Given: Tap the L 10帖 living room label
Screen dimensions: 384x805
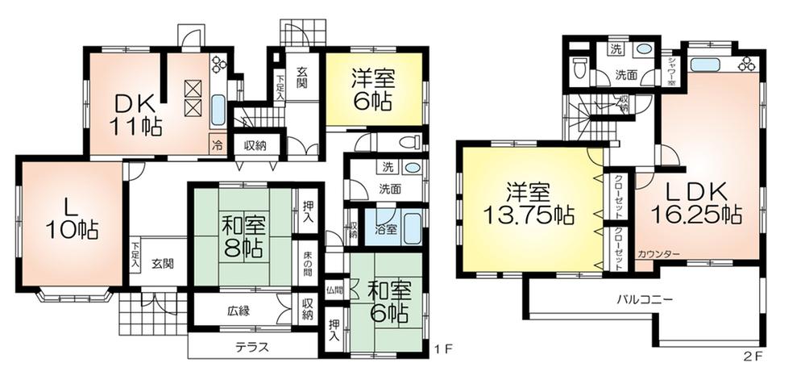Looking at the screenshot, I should (72, 217).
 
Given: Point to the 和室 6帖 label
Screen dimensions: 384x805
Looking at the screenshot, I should (388, 300).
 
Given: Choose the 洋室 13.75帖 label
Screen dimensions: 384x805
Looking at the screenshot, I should (528, 205).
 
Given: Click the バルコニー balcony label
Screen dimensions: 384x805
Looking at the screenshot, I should (645, 298).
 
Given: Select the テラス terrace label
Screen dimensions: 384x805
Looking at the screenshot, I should (251, 349).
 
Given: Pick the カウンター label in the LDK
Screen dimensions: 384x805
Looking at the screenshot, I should (658, 255).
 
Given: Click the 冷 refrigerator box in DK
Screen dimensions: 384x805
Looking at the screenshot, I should (217, 146).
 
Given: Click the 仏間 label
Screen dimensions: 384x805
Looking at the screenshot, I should (334, 288).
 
